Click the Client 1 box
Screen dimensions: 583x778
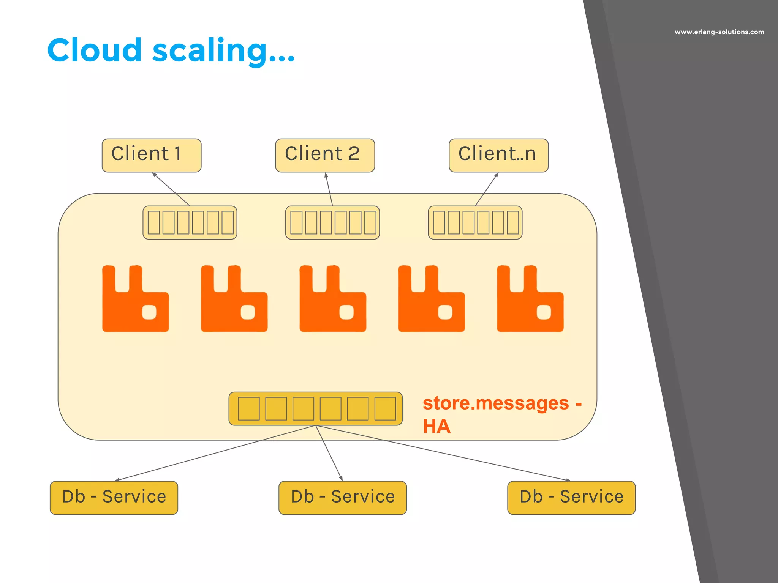tap(151, 155)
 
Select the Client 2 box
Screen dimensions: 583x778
tap(325, 155)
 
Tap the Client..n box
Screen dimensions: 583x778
tap(498, 155)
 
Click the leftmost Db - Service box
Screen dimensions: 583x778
tap(114, 498)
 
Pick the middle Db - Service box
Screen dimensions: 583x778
tap(343, 498)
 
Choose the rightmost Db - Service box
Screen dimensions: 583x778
tap(571, 498)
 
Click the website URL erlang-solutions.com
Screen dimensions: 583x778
tap(719, 32)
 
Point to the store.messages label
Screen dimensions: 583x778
tap(496, 403)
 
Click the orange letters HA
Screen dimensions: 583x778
tap(436, 426)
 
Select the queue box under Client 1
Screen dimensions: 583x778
tap(190, 222)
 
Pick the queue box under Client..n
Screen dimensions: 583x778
tap(475, 222)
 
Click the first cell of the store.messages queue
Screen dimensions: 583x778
tap(249, 408)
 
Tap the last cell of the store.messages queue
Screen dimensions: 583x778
tap(385, 408)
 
